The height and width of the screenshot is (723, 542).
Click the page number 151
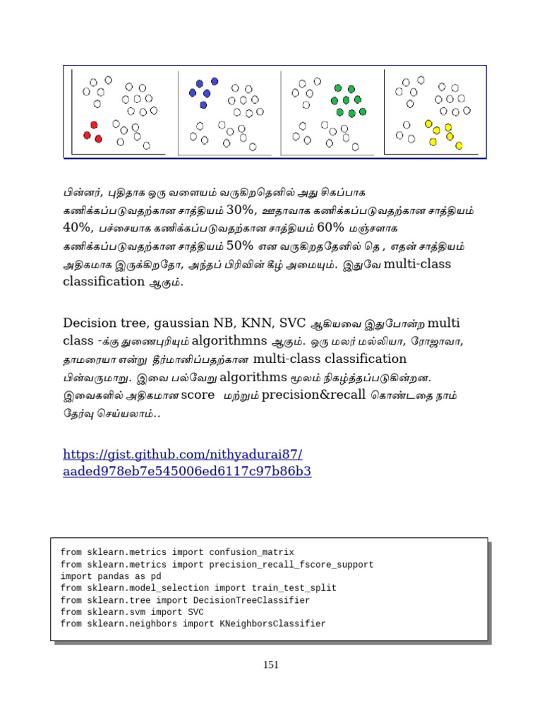click(270, 664)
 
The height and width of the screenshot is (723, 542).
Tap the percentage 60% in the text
click(330, 227)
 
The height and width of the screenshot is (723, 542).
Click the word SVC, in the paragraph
click(291, 324)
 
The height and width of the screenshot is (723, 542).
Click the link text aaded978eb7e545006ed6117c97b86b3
click(187, 471)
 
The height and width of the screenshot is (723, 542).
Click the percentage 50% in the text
click(240, 245)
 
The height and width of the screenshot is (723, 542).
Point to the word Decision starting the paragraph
click(88, 324)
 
